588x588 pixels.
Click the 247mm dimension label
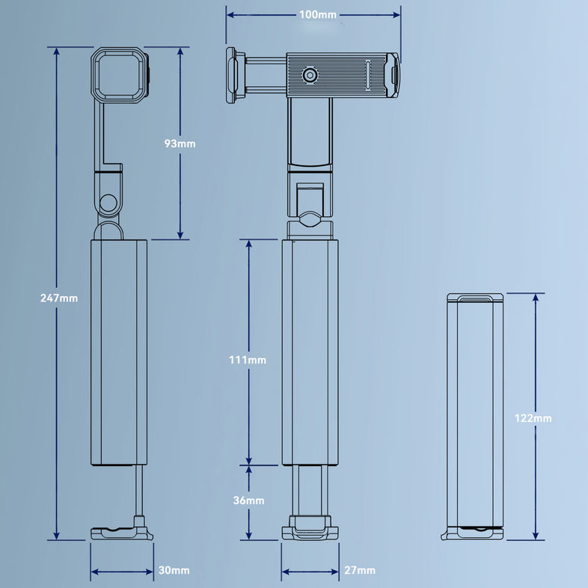58,298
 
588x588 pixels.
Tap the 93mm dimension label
180,143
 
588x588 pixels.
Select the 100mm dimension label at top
317,15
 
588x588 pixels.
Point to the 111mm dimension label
248,360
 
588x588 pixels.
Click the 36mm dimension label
248,500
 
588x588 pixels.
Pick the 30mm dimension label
174,570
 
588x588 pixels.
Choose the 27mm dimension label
360,570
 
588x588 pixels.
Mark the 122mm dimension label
533,418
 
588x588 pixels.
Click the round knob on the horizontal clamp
308,75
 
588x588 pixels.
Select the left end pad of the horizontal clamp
233,75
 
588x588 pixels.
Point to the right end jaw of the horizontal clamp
392,75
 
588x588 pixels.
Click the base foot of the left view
121,532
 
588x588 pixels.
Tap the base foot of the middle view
310,530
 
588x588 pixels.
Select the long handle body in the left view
119,352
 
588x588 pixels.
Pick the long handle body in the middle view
310,352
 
